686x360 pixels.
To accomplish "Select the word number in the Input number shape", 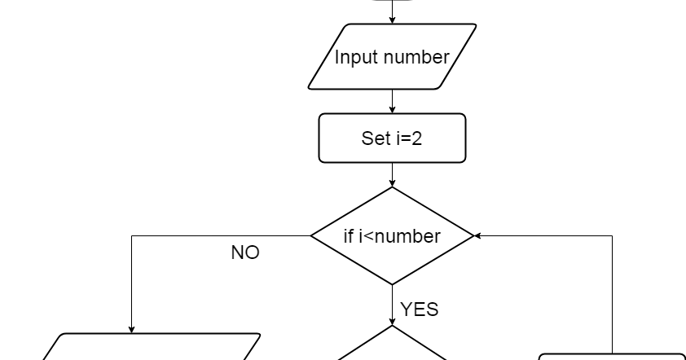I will pos(416,58).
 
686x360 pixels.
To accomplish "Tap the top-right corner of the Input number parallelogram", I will pos(474,26).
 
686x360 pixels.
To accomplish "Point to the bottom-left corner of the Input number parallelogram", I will pos(310,87).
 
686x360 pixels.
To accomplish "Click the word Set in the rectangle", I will pos(376,138).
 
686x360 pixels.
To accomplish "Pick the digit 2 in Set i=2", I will pos(417,138).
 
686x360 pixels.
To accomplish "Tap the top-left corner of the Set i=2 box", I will pos(322,116).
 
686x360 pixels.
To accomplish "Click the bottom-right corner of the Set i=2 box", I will pos(463,160).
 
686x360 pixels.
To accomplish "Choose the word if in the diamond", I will pos(349,236).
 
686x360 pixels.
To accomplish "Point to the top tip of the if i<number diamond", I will pos(392,189).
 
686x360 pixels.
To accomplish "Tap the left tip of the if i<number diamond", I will pos(313,236).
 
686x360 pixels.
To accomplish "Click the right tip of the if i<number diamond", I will pos(472,236).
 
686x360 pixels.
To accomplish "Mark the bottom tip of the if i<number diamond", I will pos(392,283).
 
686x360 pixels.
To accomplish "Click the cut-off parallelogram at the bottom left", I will pos(151,348).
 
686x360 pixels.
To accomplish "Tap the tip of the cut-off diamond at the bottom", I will pos(392,328).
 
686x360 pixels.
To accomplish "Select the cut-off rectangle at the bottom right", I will pos(611,358).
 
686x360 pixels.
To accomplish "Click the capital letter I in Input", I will pos(337,58).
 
